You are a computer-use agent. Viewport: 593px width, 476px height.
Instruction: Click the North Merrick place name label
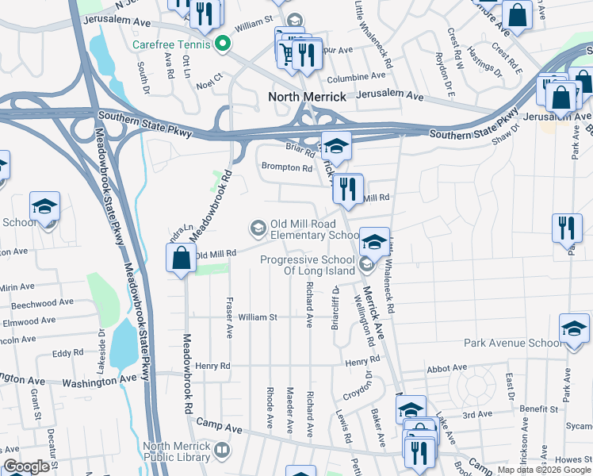pyautogui.click(x=308, y=97)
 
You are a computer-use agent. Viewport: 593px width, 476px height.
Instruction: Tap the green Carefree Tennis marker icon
pyautogui.click(x=224, y=44)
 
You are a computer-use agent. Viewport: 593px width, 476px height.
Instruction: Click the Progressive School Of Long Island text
pyautogui.click(x=311, y=266)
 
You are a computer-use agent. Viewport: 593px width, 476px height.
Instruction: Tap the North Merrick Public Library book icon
pyautogui.click(x=224, y=451)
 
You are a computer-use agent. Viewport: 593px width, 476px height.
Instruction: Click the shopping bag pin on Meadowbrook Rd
pyautogui.click(x=181, y=258)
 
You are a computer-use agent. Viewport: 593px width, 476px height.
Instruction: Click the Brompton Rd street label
pyautogui.click(x=287, y=167)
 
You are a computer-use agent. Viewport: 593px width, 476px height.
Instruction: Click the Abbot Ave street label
pyautogui.click(x=446, y=368)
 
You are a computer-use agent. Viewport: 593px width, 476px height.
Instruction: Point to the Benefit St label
pyautogui.click(x=539, y=409)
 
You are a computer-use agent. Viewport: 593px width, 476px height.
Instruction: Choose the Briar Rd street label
pyautogui.click(x=295, y=146)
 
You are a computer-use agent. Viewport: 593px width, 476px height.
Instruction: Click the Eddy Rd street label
pyautogui.click(x=63, y=354)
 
